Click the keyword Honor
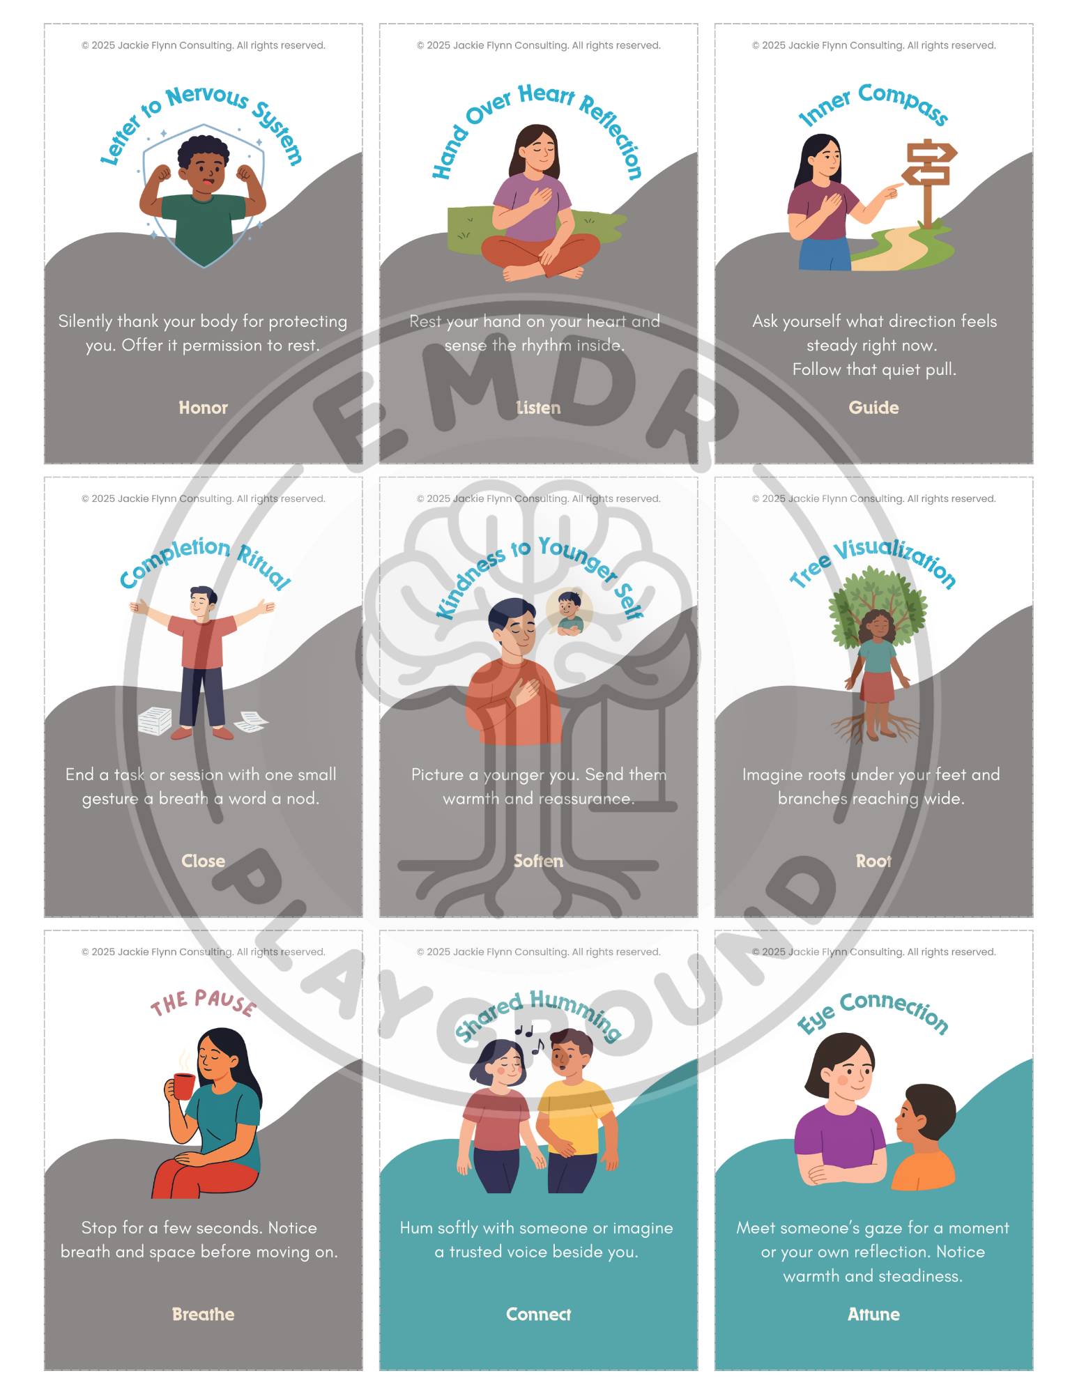click(203, 408)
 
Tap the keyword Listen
click(538, 408)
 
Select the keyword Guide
click(873, 408)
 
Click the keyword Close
click(203, 861)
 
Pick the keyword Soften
click(538, 861)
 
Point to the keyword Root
click(873, 861)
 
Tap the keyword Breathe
click(203, 1314)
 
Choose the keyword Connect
click(538, 1314)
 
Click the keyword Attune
click(873, 1314)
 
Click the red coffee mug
click(183, 1086)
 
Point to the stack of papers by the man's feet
click(155, 721)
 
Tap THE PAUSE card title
click(204, 1002)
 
